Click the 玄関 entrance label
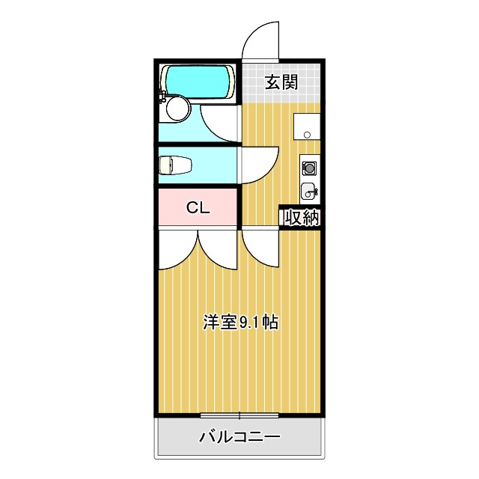[281, 82]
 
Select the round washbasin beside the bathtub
[177, 109]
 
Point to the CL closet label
[198, 209]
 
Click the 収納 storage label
[302, 217]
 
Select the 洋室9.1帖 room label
[241, 323]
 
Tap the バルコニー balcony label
[239, 437]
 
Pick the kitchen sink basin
[308, 190]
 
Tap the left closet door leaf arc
[178, 251]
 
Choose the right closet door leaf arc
[219, 251]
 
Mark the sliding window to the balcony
[239, 415]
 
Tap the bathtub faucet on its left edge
[162, 94]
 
